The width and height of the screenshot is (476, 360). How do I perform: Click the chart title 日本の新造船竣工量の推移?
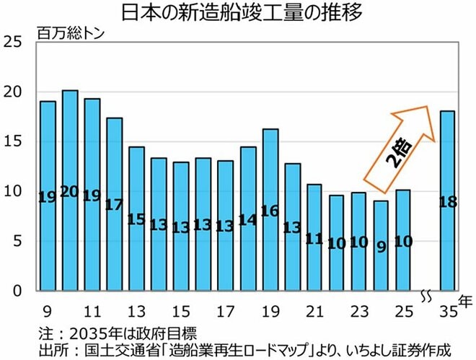(242, 12)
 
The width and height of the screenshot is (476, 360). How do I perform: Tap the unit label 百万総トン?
(71, 34)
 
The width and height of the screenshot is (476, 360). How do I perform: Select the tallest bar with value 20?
(70, 190)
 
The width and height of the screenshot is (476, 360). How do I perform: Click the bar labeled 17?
(115, 204)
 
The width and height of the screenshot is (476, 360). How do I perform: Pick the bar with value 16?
(270, 210)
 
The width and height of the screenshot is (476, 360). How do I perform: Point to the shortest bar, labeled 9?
(381, 245)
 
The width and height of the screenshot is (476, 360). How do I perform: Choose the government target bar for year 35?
(448, 201)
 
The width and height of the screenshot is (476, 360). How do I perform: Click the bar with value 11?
(314, 237)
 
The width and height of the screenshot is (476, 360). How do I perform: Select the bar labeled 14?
(248, 219)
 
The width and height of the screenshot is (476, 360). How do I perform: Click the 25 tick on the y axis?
(13, 42)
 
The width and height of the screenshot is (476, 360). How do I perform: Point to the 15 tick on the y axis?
(13, 141)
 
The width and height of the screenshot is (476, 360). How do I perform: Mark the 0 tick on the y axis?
(17, 291)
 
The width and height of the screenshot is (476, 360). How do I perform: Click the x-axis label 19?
(270, 312)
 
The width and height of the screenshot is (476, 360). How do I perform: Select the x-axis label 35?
(448, 312)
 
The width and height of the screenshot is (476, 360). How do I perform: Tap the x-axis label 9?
(48, 312)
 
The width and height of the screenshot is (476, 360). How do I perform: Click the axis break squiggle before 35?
(426, 297)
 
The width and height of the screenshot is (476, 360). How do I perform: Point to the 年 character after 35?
(465, 301)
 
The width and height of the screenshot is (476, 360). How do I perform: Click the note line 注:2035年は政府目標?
(118, 333)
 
